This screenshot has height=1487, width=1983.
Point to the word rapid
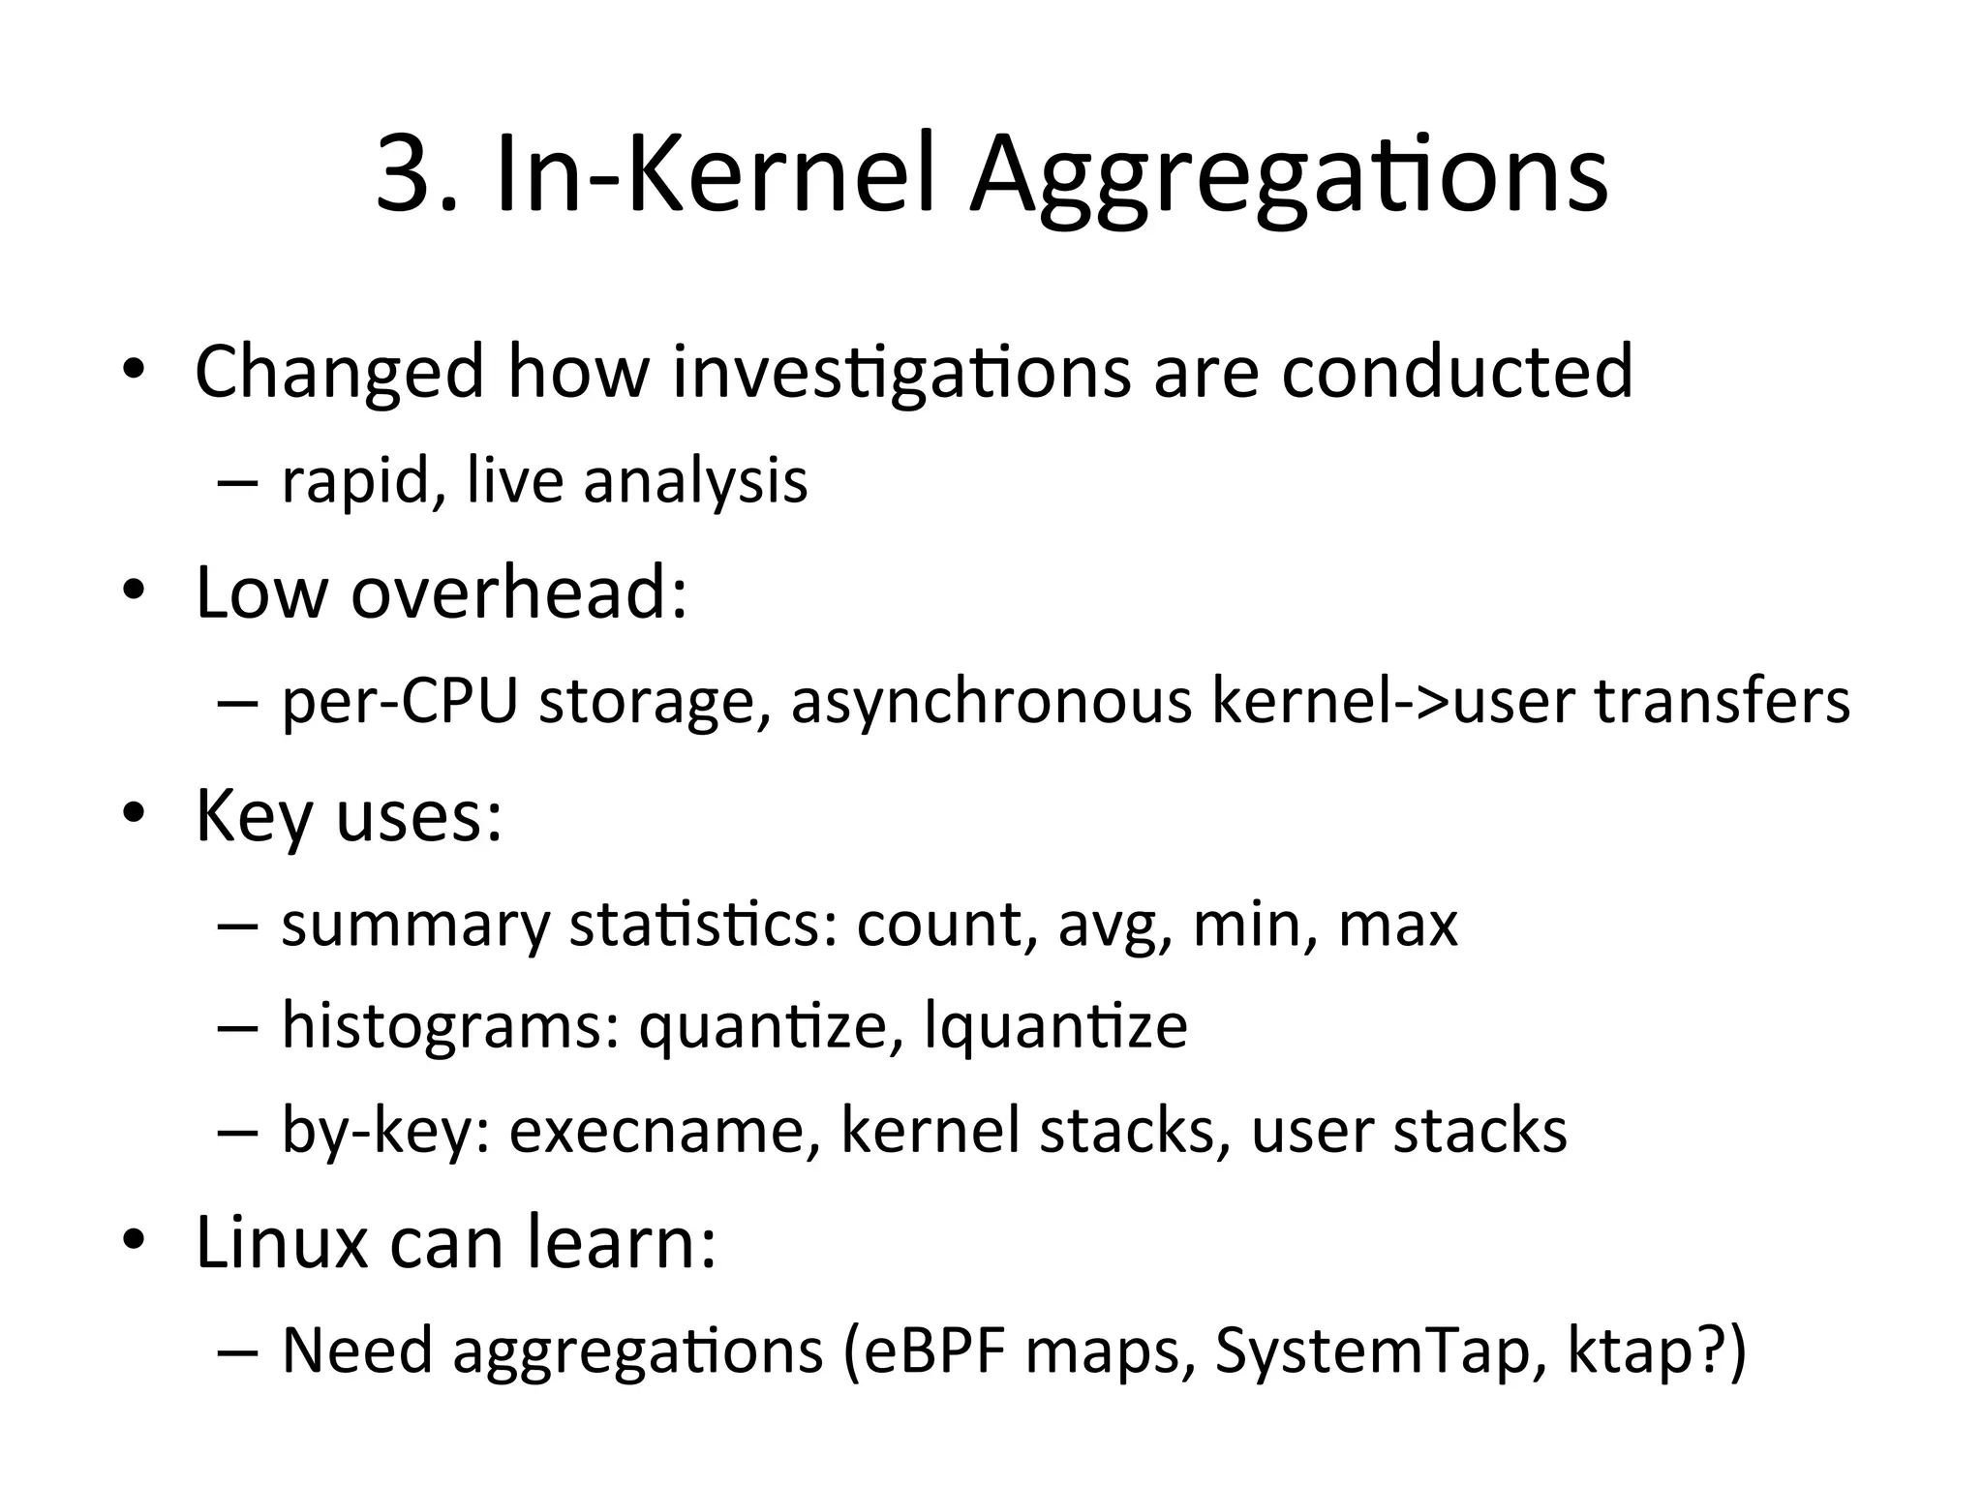354,481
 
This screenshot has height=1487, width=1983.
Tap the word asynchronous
991,702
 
